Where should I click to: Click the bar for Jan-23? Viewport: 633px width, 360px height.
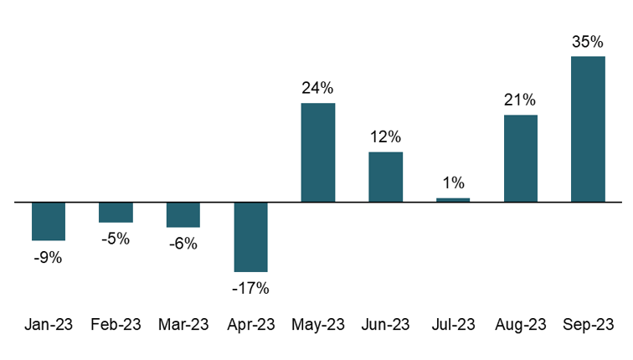click(x=49, y=221)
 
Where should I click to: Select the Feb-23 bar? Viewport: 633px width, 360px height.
click(x=116, y=213)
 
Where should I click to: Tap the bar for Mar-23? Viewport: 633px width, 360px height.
click(x=183, y=214)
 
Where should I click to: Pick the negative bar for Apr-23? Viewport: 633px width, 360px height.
click(x=250, y=237)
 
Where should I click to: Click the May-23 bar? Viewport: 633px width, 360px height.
click(x=318, y=152)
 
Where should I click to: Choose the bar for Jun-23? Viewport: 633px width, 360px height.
click(x=385, y=177)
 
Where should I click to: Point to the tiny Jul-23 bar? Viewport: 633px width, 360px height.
click(x=453, y=200)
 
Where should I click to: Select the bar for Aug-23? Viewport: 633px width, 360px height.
click(x=520, y=158)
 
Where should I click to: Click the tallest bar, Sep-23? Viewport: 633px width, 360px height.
click(x=588, y=129)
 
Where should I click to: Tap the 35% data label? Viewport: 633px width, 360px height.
click(x=588, y=42)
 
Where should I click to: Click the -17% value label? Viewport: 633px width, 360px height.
click(x=250, y=288)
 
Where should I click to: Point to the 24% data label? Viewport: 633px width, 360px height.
click(x=318, y=88)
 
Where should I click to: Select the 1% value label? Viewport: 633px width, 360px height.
click(x=453, y=183)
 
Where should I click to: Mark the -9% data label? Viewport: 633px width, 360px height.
click(x=49, y=258)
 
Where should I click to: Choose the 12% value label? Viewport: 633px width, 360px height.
click(x=385, y=136)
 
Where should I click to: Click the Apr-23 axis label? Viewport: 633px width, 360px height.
click(x=250, y=325)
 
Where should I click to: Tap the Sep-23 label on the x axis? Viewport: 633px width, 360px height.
click(x=588, y=325)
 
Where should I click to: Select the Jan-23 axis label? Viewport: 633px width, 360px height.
click(x=49, y=325)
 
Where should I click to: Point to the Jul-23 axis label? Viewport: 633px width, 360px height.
click(x=453, y=325)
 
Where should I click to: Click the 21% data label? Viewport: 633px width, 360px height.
click(x=520, y=100)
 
